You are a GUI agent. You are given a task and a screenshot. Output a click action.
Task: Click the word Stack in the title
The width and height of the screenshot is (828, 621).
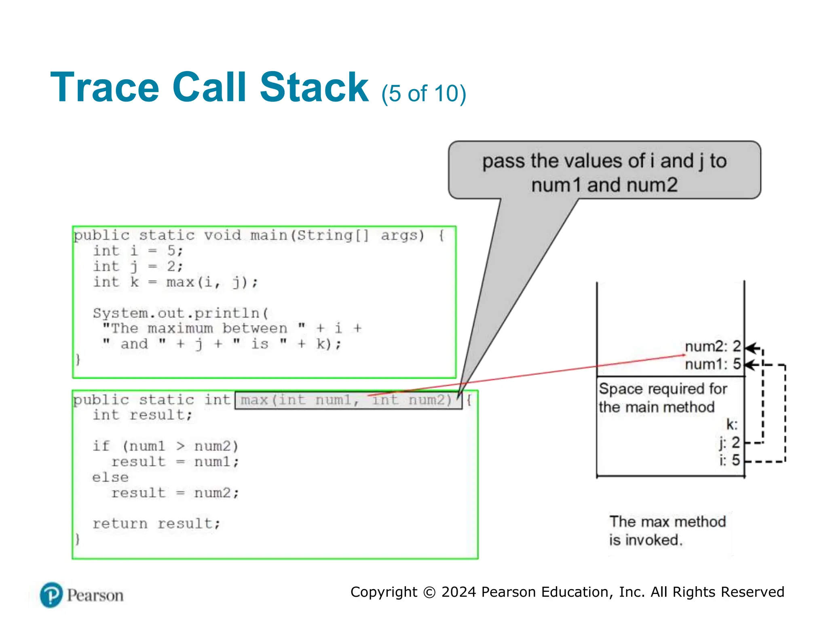[314, 87]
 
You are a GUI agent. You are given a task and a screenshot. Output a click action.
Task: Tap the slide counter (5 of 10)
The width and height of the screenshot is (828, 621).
[423, 93]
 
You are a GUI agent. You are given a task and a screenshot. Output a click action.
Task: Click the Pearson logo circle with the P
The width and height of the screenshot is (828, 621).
[51, 595]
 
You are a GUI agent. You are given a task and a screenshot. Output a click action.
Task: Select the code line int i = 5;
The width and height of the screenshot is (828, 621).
[138, 251]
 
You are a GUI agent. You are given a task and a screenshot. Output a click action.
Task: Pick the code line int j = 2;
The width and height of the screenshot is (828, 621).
[138, 266]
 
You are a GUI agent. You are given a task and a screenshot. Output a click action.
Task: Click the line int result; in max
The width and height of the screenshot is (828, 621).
[142, 415]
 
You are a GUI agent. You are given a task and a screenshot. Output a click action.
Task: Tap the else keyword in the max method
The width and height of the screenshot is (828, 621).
[110, 477]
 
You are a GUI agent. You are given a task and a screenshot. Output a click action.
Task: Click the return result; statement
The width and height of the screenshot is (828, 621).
[156, 524]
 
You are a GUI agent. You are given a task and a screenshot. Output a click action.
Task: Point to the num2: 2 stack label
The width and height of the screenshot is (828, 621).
[712, 346]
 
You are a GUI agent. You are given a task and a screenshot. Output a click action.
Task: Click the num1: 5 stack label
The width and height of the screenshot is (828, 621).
[712, 364]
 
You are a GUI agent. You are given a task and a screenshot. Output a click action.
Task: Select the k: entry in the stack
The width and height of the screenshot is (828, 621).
[732, 425]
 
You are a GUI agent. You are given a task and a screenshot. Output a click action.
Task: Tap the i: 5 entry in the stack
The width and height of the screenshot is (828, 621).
[729, 460]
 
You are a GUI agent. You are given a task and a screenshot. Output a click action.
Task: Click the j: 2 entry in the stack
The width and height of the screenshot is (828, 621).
[729, 443]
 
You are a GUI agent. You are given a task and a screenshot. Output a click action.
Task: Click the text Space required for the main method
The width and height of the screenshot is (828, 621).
[662, 398]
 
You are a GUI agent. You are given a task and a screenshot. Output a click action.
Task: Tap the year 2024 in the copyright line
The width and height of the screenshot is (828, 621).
[459, 592]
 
